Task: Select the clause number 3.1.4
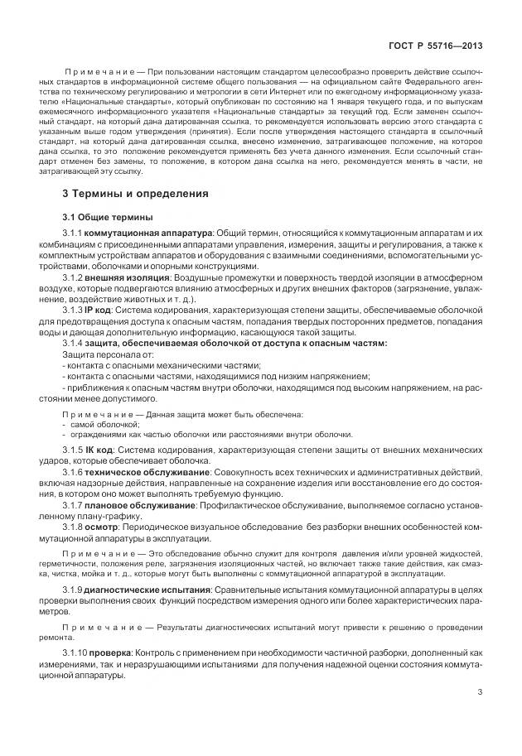tap(75, 342)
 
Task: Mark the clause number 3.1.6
tap(75, 470)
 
